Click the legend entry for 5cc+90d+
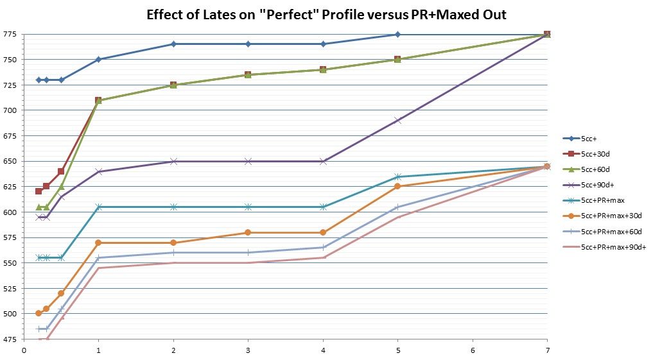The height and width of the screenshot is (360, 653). (594, 185)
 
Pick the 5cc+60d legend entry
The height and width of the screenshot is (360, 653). (592, 169)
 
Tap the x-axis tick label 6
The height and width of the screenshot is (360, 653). (473, 350)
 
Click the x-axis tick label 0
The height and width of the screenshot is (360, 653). (24, 350)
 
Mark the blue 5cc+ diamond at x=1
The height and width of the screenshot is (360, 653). (98, 59)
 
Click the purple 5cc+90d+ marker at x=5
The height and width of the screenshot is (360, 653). (397, 120)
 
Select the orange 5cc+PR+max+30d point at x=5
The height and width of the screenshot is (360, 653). (397, 186)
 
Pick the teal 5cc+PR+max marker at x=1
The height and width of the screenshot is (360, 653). (98, 207)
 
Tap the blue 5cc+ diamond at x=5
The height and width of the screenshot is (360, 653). (397, 35)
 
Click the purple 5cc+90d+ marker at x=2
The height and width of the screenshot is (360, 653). (173, 161)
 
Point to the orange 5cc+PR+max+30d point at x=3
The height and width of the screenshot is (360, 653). (248, 232)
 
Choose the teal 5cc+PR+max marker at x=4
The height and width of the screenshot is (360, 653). (323, 207)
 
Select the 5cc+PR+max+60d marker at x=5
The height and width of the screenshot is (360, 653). (397, 207)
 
